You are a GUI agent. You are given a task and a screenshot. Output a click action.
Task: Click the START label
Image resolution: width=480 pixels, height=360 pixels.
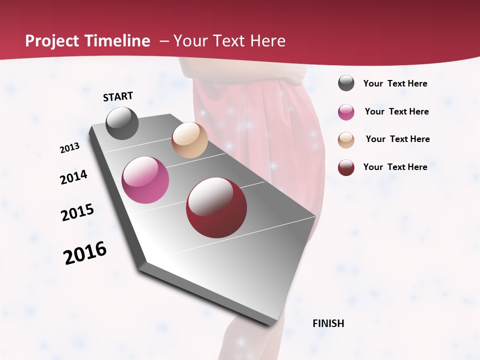(118, 96)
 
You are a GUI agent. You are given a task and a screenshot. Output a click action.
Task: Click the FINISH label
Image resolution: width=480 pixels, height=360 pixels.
(328, 323)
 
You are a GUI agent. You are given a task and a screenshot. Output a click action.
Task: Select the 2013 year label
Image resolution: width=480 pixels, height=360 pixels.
(69, 148)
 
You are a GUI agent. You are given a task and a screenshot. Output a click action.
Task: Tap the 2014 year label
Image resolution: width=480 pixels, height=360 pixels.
(73, 177)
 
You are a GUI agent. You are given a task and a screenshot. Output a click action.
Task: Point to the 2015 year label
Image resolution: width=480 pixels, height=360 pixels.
(77, 212)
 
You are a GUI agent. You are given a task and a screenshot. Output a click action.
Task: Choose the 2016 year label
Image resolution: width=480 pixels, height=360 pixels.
(85, 253)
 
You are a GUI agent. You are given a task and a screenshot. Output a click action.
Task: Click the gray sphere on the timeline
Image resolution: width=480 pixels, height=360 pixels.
(122, 123)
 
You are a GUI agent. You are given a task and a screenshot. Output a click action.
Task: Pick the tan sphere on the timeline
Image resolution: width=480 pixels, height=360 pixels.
(189, 140)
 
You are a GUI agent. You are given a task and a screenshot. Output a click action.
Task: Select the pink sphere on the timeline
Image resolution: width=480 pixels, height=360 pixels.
(145, 180)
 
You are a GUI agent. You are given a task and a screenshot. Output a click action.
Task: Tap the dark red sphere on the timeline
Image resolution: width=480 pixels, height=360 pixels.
(216, 207)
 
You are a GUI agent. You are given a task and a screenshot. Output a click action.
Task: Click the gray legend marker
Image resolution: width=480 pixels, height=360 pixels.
(346, 83)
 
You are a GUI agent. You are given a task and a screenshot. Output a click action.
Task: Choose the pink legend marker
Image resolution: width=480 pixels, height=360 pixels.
(346, 112)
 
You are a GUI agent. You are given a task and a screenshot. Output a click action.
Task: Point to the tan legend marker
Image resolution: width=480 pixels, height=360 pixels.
(346, 139)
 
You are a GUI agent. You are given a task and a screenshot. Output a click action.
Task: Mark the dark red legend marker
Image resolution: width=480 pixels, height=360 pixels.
(346, 167)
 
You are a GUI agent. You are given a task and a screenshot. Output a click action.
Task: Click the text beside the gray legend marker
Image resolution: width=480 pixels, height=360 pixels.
(395, 83)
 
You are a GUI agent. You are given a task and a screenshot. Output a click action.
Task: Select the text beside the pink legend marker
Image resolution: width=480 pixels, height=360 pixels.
(396, 111)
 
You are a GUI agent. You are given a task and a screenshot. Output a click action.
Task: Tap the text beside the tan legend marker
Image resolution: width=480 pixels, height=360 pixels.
(397, 139)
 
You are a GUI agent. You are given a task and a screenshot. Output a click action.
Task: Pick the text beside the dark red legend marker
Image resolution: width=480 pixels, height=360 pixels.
(395, 167)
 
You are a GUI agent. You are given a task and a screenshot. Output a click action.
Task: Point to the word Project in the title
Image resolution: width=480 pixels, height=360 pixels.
(52, 41)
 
